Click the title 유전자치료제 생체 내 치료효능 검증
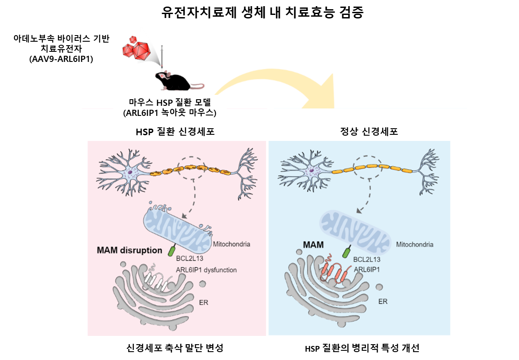tap(262, 13)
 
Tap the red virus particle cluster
tap(136, 48)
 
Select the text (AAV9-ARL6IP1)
tap(61, 59)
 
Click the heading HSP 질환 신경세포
tap(175, 132)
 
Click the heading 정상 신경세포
tap(369, 131)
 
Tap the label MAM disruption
tap(129, 250)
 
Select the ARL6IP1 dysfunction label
tap(206, 270)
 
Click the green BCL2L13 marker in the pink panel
tap(172, 250)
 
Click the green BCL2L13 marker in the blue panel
tap(347, 252)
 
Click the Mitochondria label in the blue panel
tap(415, 245)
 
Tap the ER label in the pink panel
tap(204, 302)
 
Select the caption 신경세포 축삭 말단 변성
tap(175, 348)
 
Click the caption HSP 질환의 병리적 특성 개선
tap(362, 348)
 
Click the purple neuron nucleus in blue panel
tap(311, 171)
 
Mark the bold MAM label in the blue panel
tap(313, 245)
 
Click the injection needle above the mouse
tap(162, 57)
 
